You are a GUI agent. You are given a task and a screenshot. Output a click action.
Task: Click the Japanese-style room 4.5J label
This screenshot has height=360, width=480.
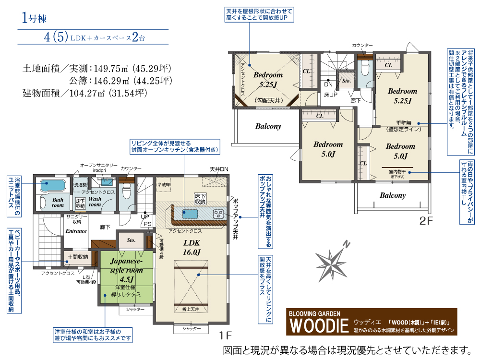[x=126, y=270]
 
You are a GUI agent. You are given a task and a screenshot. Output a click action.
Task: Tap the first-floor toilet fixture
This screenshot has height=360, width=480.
[x=126, y=191]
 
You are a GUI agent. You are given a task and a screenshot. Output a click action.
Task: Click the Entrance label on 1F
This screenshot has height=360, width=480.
[x=76, y=231]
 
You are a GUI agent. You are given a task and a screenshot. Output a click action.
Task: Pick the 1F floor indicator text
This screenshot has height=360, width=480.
[x=226, y=335]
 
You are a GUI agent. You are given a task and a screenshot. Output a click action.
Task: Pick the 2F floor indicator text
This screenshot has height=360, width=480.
[x=426, y=222]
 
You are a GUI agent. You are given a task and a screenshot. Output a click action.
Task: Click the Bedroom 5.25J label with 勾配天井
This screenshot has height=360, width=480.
[x=268, y=80]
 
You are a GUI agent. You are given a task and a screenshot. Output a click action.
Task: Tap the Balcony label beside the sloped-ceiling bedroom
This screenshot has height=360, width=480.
[x=268, y=126]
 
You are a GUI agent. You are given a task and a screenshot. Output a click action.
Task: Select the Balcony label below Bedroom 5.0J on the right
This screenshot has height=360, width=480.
[x=393, y=195]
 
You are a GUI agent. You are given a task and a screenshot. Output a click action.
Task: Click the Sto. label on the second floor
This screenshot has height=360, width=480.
[x=346, y=82]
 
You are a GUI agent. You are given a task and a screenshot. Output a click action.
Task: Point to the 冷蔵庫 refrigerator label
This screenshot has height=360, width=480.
[x=164, y=184]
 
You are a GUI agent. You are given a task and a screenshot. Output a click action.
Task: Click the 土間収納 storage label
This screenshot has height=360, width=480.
[x=77, y=257]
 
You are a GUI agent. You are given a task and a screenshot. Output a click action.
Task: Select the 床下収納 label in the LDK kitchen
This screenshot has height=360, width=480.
[x=200, y=198]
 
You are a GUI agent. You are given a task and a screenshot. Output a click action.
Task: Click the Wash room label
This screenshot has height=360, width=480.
[x=95, y=202]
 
